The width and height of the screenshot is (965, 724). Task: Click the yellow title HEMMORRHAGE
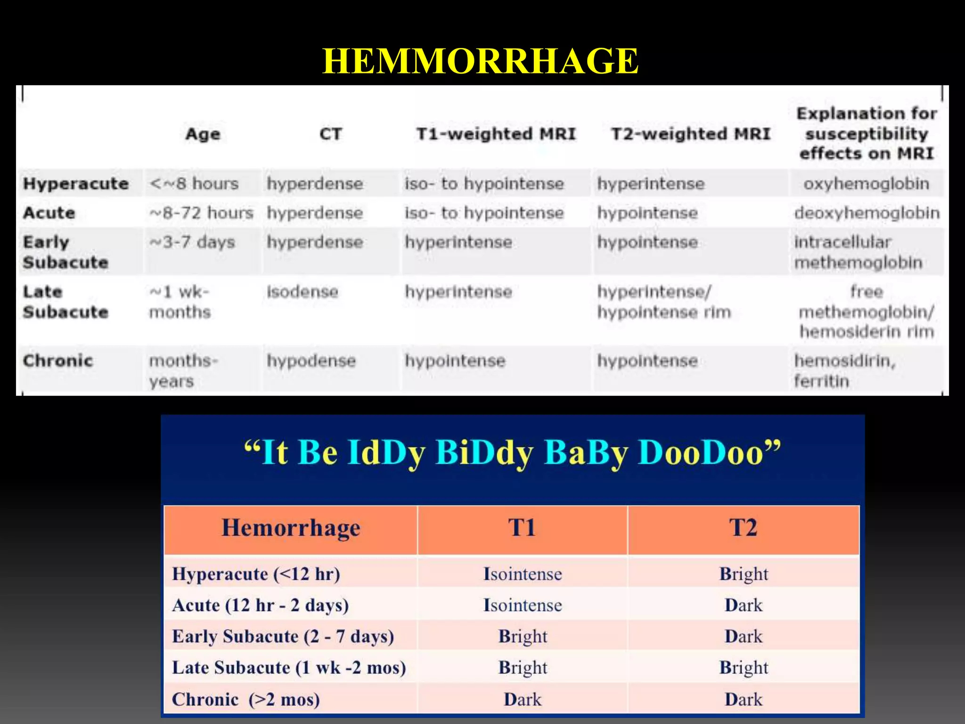pos(480,61)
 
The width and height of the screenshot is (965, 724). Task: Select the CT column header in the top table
pos(330,134)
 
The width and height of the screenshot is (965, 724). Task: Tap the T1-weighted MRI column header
pos(496,134)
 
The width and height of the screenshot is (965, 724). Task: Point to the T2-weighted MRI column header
pos(691,134)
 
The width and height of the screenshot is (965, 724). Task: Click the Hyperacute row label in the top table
pos(76,183)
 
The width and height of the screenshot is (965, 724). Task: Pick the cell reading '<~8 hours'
pos(194,183)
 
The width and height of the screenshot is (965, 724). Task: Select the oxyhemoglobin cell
pos(866,183)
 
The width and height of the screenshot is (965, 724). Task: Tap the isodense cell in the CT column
pos(303,292)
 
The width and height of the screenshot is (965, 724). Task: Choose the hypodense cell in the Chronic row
pos(311,361)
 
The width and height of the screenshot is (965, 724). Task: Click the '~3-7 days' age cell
pos(192,242)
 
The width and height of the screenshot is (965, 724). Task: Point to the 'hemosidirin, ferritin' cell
pos(844,371)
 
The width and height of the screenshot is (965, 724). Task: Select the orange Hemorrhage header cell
pos(291,528)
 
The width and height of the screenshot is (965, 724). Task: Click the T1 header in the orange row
pos(522,528)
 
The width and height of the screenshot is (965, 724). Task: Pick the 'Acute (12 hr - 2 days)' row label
pos(261,605)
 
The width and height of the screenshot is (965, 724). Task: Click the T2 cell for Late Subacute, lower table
pos(744,668)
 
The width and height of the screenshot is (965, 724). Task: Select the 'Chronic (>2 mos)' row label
pos(245,699)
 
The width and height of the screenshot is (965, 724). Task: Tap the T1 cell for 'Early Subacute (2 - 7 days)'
pos(523,637)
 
